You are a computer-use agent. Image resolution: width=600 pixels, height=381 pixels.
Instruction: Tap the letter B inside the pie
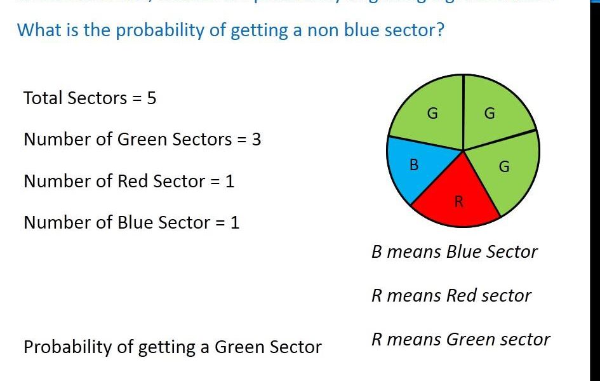pyautogui.click(x=414, y=165)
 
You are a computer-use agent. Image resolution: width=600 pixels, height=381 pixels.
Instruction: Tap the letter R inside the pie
pyautogui.click(x=459, y=203)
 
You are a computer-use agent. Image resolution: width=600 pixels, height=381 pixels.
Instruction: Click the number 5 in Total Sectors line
pyautogui.click(x=151, y=98)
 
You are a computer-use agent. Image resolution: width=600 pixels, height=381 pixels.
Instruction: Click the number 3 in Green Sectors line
pyautogui.click(x=256, y=140)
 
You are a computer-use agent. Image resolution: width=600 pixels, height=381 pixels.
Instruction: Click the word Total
pyautogui.click(x=43, y=98)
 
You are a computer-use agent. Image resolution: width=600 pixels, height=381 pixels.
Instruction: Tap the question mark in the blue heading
pyautogui.click(x=439, y=30)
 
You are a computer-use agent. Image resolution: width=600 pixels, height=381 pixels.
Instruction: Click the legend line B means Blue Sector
pyautogui.click(x=454, y=252)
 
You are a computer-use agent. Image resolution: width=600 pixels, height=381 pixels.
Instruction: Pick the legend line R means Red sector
pyautogui.click(x=451, y=295)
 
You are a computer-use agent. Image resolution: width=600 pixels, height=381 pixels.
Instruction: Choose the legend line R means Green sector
pyautogui.click(x=460, y=340)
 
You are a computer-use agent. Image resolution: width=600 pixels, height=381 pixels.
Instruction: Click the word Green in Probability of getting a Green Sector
pyautogui.click(x=239, y=347)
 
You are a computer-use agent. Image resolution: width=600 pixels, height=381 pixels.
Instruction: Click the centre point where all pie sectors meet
pyautogui.click(x=463, y=151)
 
